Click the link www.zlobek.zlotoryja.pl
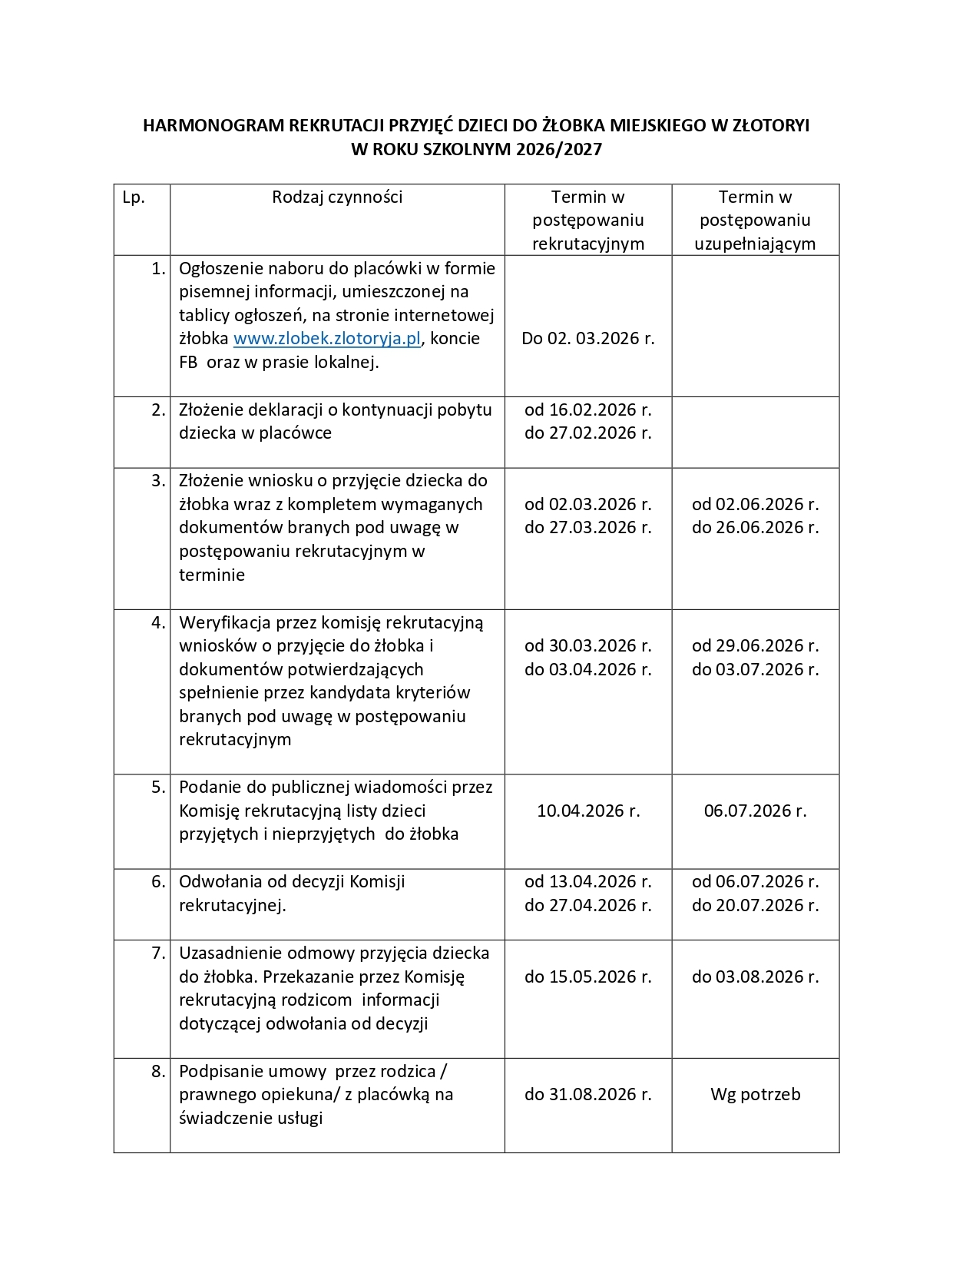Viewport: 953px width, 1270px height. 327,339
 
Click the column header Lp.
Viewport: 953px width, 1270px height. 134,197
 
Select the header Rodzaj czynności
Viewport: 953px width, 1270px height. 337,197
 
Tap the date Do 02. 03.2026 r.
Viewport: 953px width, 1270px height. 587,339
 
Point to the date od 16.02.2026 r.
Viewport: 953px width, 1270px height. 587,410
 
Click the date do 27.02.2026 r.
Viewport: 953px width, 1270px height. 587,433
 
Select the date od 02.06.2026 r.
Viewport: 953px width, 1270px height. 755,504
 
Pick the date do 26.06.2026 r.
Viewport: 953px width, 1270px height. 755,528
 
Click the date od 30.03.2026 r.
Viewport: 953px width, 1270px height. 587,645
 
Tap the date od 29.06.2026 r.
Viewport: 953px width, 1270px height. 755,645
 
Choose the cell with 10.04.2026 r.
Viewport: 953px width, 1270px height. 587,811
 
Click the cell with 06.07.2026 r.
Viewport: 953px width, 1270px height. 755,811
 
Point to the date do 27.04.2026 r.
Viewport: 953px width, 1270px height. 587,906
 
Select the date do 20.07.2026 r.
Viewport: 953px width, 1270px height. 755,906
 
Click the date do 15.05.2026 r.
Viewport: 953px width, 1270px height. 587,977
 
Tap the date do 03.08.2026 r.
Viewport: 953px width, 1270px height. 755,977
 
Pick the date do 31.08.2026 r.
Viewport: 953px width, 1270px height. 587,1094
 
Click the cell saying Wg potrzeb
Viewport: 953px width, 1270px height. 755,1094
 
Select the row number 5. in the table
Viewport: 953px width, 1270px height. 158,787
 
